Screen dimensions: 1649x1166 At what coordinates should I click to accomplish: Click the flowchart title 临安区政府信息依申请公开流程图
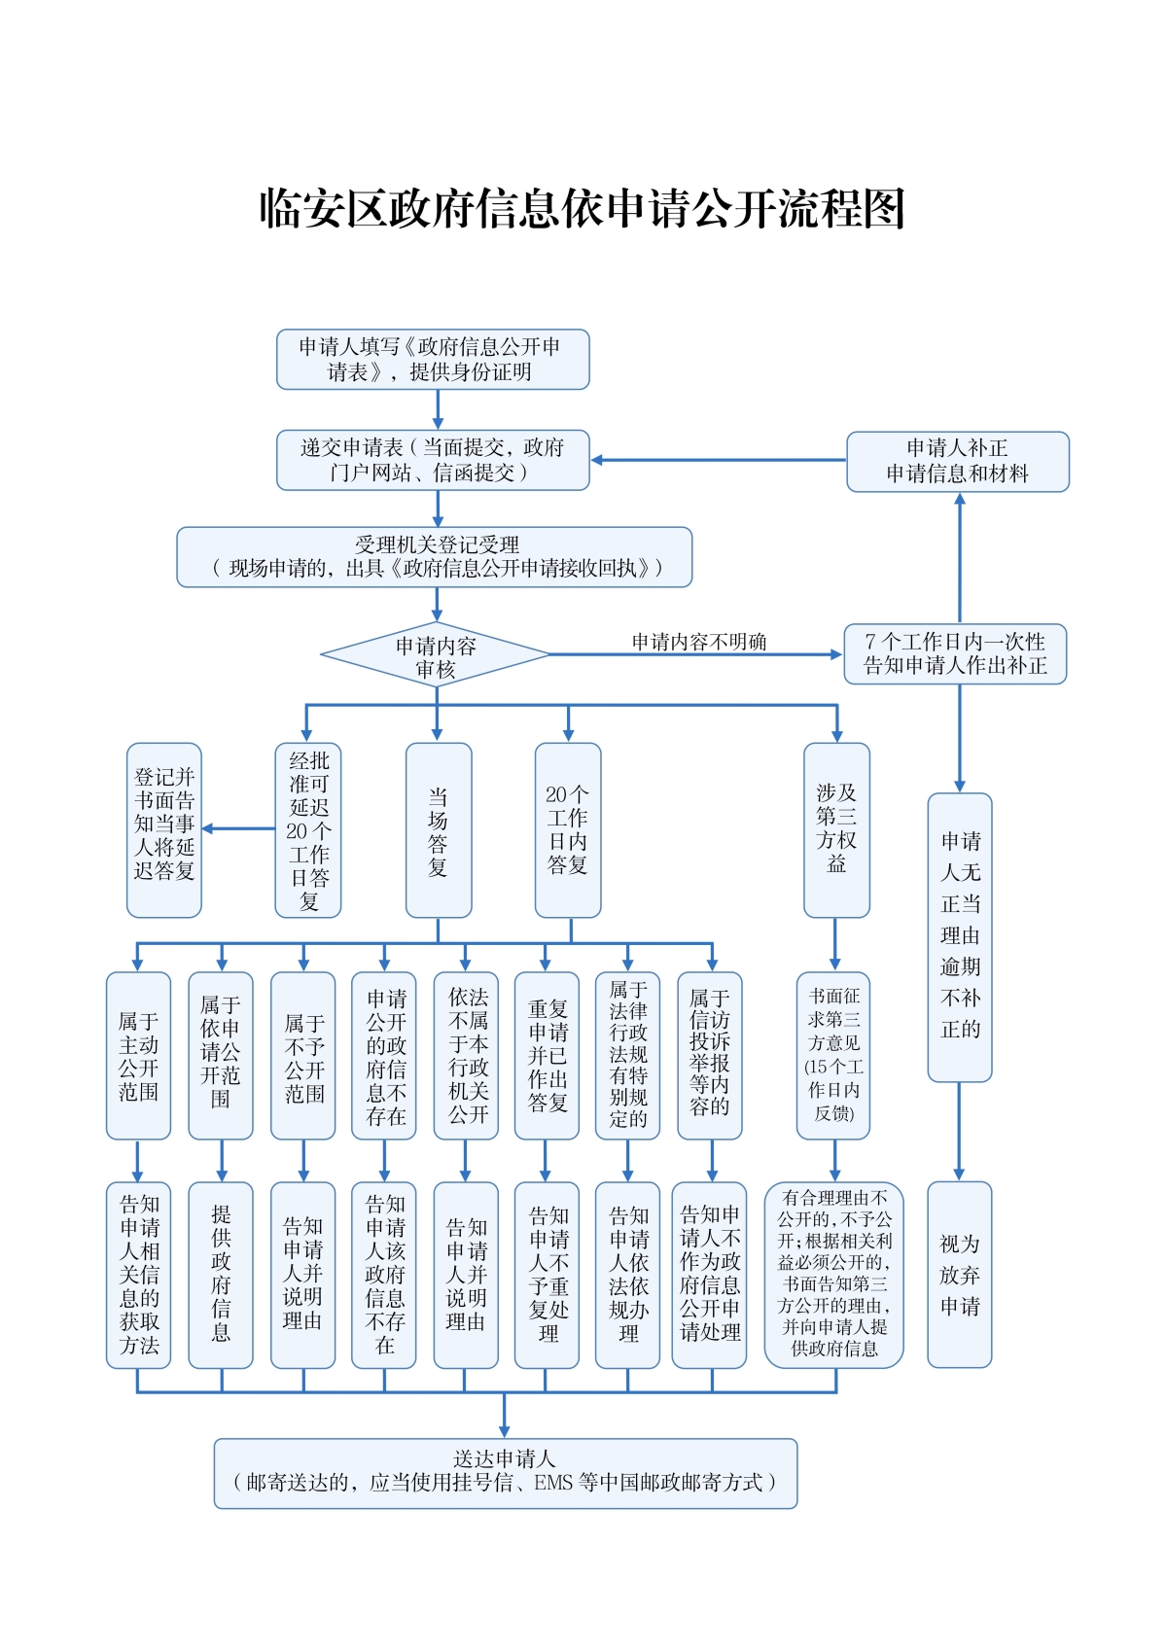coord(582,208)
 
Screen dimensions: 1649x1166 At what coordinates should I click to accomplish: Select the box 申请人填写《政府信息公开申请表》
coord(433,359)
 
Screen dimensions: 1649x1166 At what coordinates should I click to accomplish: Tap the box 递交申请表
coord(433,460)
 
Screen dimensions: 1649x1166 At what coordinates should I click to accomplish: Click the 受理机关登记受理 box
coord(434,557)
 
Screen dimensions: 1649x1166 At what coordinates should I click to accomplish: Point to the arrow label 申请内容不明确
coord(698,642)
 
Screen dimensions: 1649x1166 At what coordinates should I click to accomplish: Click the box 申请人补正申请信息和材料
coord(957,462)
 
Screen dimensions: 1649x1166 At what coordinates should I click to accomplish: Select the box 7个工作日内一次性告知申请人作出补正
coord(955,654)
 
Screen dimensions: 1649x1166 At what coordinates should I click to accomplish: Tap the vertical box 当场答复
coord(438,830)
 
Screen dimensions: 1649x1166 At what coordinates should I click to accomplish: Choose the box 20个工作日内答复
coord(568,830)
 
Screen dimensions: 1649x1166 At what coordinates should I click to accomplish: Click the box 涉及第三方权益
coord(836,830)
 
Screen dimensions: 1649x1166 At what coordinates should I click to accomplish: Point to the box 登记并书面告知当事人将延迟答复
coord(164,830)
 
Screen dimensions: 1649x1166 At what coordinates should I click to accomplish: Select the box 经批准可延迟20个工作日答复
coord(308,830)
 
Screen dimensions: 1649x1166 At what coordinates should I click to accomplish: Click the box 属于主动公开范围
coord(138,1056)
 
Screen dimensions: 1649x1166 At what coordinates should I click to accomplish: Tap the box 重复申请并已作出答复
coord(547,1056)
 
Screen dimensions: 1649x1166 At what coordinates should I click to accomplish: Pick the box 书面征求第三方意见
coord(833,1056)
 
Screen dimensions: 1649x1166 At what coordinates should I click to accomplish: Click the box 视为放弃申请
coord(959,1275)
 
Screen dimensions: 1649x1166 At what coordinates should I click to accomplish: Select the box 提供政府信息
coord(221,1275)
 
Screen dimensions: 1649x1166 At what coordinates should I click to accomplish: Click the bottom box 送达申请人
coord(505,1473)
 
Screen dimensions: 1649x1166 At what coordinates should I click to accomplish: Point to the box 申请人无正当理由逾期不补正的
coord(959,937)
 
